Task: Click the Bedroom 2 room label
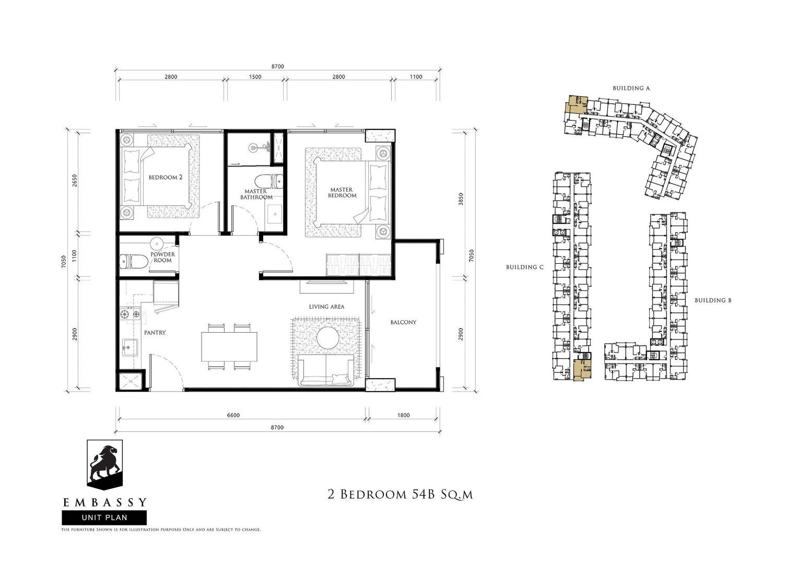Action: click(x=166, y=177)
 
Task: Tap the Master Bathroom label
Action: click(x=256, y=194)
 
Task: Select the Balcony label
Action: click(x=403, y=322)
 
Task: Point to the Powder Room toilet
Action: click(x=134, y=261)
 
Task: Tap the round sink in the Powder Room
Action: click(x=156, y=244)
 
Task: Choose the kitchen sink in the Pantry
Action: click(x=130, y=347)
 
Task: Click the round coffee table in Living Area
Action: click(x=328, y=338)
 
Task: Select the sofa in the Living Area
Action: click(x=325, y=370)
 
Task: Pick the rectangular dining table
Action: click(x=229, y=347)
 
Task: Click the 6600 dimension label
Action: click(x=233, y=415)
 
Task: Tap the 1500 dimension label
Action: click(x=255, y=77)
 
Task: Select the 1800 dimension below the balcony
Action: click(x=403, y=415)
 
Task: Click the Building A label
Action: click(x=631, y=88)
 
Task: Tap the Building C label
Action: click(x=525, y=267)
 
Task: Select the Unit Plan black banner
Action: click(x=104, y=518)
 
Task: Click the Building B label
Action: click(x=713, y=300)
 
